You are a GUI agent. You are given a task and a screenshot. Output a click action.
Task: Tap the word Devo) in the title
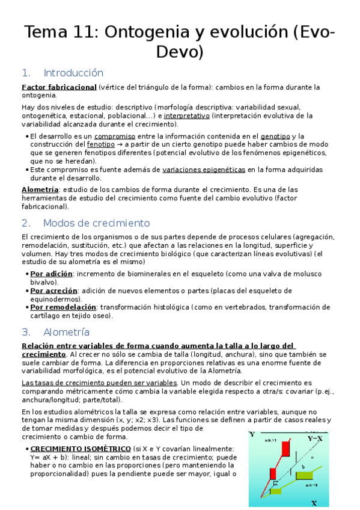[x=180, y=52]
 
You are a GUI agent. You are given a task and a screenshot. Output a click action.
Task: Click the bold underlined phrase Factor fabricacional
[x=59, y=87]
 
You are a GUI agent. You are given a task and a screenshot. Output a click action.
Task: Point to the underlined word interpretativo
[x=187, y=115]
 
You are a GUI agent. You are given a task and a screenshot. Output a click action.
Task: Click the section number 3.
[x=26, y=332]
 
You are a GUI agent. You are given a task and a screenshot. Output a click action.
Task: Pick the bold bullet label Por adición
[x=51, y=274]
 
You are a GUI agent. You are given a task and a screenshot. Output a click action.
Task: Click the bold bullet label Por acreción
[x=53, y=290]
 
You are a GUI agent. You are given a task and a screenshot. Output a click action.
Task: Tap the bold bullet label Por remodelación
[x=63, y=307]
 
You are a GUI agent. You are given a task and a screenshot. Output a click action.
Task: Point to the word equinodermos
[x=55, y=299]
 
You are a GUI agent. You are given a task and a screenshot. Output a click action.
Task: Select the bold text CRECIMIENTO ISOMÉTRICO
[x=81, y=449]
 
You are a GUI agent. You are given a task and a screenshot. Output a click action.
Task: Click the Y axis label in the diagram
[x=252, y=434]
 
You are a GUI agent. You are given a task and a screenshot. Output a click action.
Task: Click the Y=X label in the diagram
[x=315, y=439]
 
